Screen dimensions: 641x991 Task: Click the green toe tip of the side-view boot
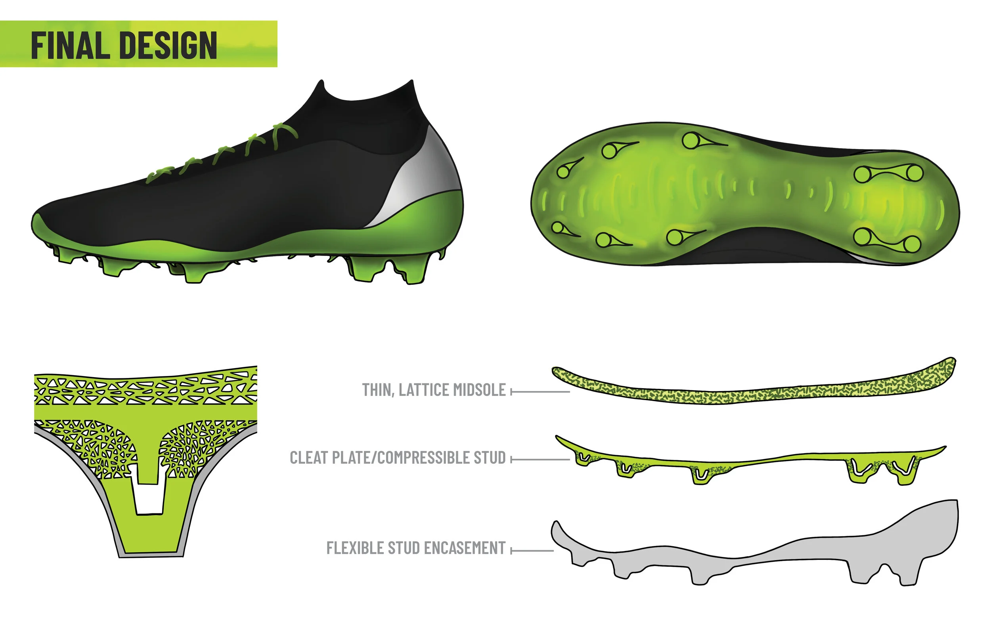(x=42, y=227)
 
